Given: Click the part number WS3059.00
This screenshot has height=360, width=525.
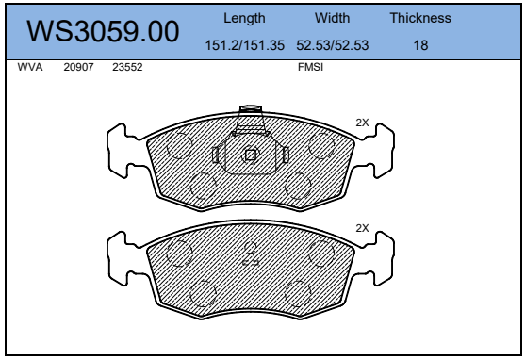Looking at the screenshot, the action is pos(103,31).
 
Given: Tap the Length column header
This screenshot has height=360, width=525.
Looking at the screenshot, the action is pos(244,18).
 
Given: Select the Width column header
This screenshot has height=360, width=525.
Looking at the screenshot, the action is pos(332,18).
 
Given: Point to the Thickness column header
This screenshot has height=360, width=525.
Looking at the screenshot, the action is pos(420,18).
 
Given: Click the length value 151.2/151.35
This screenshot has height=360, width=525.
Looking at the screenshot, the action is pos(244,45).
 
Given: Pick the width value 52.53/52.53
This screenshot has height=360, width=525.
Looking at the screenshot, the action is pos(332,45).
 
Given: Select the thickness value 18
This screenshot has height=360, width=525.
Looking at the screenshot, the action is pos(420,45).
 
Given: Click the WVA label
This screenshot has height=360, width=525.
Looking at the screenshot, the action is pos(30,67).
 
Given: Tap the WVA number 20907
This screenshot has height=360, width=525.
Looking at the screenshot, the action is pos(78,67).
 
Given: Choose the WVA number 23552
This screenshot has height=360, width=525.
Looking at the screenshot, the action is pos(127,67).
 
